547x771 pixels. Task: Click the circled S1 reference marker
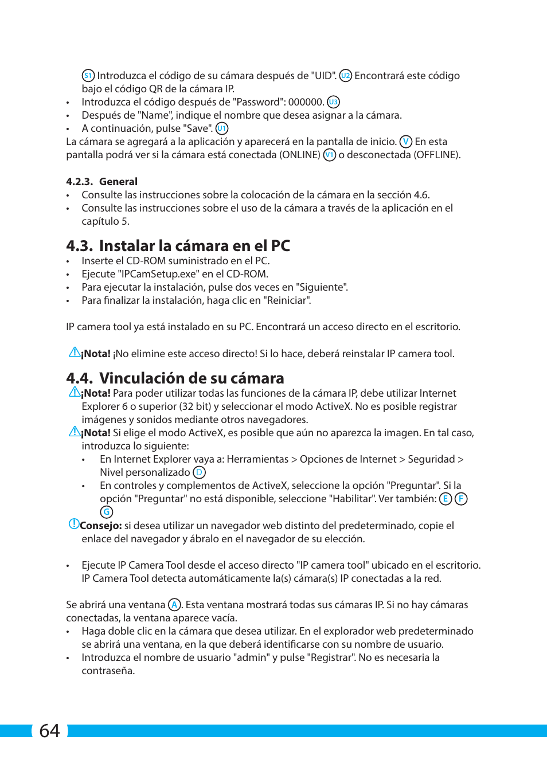[x=88, y=76]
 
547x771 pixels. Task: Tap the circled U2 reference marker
[x=346, y=76]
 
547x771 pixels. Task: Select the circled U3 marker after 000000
[x=333, y=102]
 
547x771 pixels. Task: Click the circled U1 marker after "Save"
[x=222, y=128]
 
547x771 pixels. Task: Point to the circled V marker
[x=406, y=142]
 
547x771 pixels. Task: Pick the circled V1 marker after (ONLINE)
[x=330, y=155]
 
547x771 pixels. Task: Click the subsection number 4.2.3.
[x=79, y=182]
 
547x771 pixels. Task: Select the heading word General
[x=118, y=182]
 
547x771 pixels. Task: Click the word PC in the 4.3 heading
[x=280, y=246]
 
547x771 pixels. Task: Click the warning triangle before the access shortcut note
[x=75, y=353]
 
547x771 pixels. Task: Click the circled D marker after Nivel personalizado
[x=199, y=472]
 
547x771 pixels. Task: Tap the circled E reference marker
[x=446, y=499]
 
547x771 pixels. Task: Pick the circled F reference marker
[x=461, y=499]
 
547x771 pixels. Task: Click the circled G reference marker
[x=107, y=512]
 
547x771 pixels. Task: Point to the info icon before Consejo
[x=74, y=524]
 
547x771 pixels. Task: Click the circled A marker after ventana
[x=174, y=605]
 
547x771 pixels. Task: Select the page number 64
[x=49, y=731]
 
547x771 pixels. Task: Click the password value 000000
[x=306, y=102]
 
